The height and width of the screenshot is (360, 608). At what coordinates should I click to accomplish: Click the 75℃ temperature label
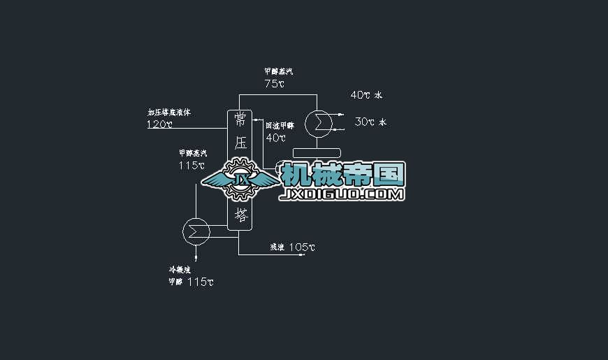275,84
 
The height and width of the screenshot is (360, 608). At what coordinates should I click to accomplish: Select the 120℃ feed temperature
159,124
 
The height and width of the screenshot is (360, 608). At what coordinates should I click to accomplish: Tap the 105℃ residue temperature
302,247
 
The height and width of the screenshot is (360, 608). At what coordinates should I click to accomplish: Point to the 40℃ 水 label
367,95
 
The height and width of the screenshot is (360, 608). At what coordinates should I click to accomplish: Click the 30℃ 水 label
370,122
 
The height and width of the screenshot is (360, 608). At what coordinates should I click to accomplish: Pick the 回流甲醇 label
280,126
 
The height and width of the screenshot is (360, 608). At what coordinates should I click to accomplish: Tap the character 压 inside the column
241,143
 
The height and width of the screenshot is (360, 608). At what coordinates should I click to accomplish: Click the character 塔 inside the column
241,214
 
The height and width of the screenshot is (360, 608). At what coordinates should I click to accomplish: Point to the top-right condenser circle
319,122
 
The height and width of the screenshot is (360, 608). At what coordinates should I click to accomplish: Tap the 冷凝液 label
180,269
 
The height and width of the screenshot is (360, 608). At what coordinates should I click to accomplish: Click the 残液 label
277,247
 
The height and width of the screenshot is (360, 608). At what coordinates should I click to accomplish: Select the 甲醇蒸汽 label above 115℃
192,153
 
